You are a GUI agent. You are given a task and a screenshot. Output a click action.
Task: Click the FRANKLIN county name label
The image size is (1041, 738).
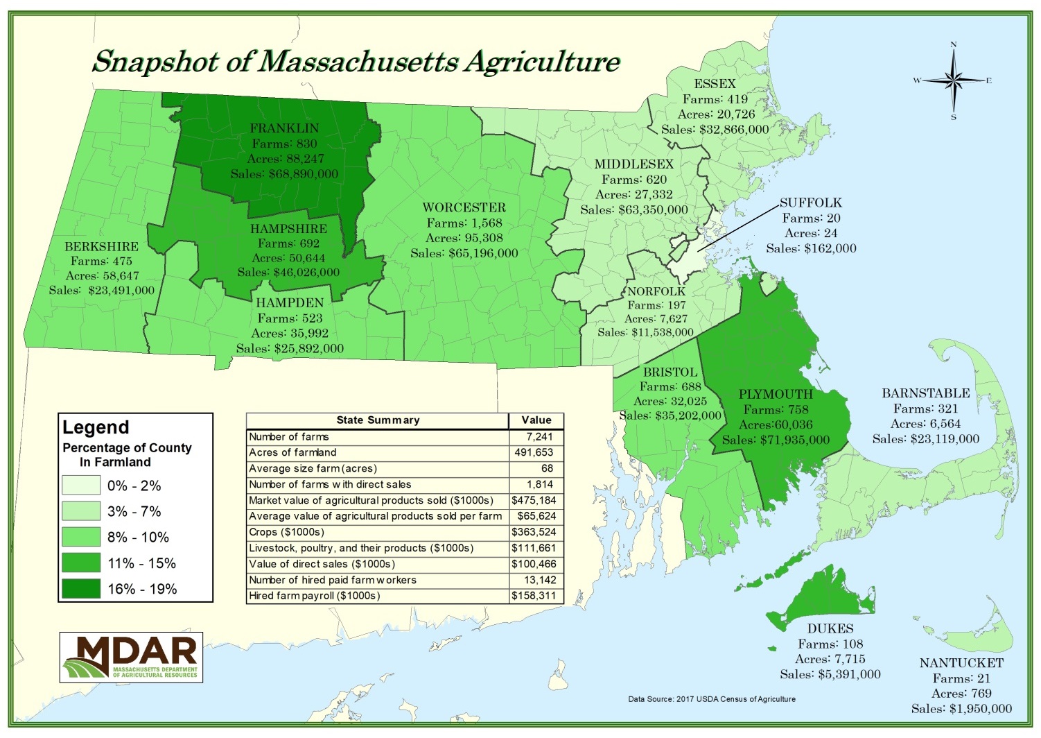click(x=284, y=128)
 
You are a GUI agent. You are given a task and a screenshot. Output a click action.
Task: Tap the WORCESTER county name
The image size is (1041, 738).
click(x=464, y=207)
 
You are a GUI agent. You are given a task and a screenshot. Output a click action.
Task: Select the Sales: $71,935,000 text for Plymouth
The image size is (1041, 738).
click(x=776, y=440)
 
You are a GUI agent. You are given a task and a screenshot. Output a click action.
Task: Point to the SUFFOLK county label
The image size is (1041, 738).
click(x=810, y=203)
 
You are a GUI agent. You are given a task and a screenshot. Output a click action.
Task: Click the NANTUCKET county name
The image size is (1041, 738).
click(x=961, y=663)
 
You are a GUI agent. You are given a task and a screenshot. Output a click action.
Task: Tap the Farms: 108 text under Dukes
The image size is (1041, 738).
click(x=830, y=644)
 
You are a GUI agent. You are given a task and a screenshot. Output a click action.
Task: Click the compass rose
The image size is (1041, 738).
click(x=953, y=81)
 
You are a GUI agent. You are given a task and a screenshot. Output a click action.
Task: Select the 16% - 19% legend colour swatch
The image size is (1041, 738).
click(x=80, y=589)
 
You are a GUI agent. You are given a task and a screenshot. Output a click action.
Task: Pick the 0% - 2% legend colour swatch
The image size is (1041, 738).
click(x=80, y=486)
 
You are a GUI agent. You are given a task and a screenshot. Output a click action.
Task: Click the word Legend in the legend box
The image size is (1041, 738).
click(x=96, y=427)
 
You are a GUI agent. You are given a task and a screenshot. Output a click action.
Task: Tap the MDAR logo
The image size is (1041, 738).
click(x=131, y=657)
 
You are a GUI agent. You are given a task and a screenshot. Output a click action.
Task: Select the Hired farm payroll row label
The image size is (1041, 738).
click(x=314, y=596)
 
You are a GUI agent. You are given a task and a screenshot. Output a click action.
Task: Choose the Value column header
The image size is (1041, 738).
click(x=536, y=420)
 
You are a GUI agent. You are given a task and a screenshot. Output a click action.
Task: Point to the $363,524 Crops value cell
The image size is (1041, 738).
click(x=534, y=532)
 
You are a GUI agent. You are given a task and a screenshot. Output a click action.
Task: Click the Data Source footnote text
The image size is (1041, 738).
click(x=711, y=699)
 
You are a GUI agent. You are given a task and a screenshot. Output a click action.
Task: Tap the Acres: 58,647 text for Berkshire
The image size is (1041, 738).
click(x=102, y=275)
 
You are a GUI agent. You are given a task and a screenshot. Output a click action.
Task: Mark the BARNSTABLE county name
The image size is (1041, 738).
click(x=925, y=393)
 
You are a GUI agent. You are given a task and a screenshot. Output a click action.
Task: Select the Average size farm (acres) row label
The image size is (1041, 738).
click(x=313, y=469)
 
